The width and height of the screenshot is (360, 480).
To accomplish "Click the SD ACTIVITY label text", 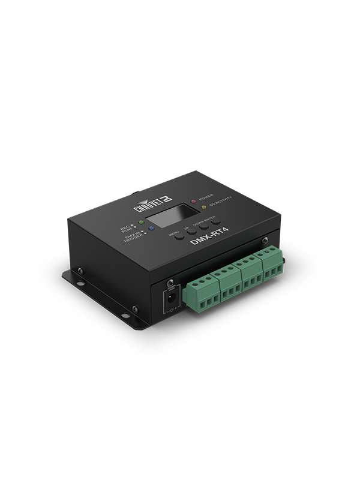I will click(220, 205).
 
